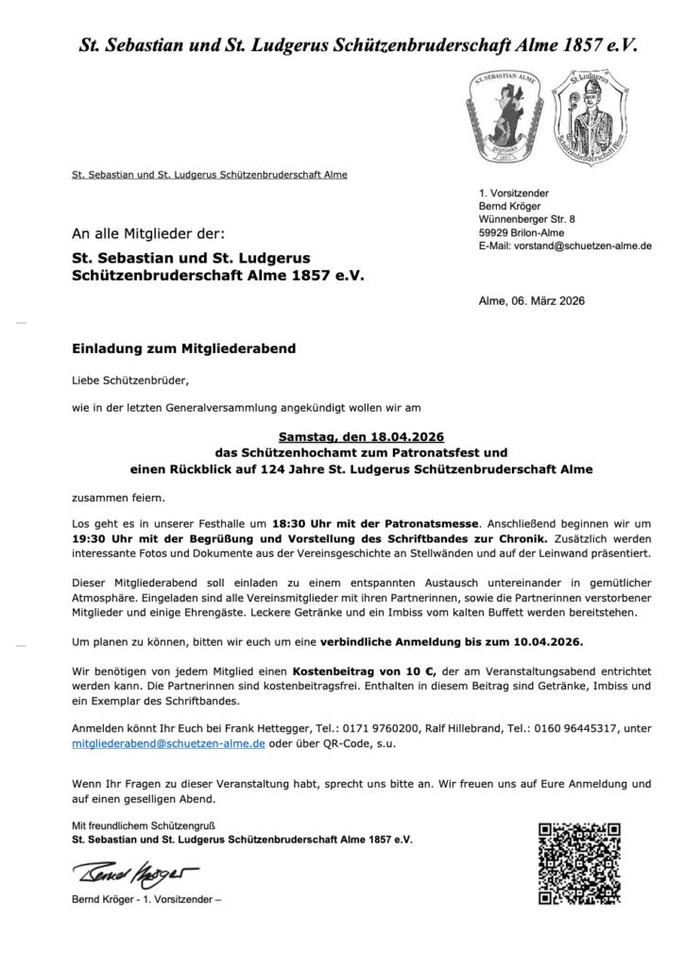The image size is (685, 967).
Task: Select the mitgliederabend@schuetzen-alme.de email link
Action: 168,744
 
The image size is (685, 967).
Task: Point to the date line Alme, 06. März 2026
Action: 532,301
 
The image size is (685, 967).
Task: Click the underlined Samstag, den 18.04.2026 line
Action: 361,437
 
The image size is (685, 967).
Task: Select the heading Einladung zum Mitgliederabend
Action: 183,348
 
